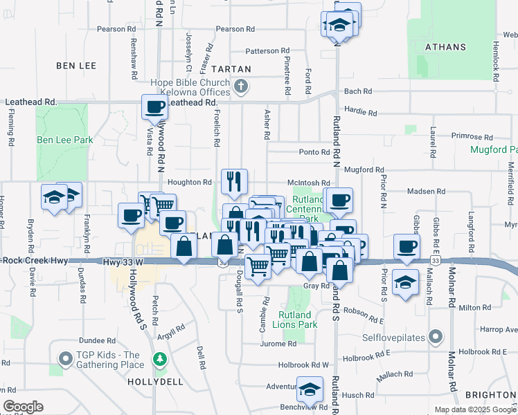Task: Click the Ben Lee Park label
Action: pos(64,140)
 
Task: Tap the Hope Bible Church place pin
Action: pos(240,86)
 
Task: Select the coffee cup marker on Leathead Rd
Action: pos(154,107)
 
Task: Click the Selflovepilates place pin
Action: pos(435,338)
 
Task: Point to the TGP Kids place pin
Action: pos(66,359)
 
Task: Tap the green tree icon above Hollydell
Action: pos(161,358)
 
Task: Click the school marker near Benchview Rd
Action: pos(310,389)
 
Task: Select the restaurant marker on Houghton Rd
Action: pos(234,181)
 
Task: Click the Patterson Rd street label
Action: pos(267,50)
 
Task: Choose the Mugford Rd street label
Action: pos(364,169)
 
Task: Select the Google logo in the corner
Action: pos(23,407)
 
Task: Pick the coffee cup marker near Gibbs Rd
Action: pos(407,246)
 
